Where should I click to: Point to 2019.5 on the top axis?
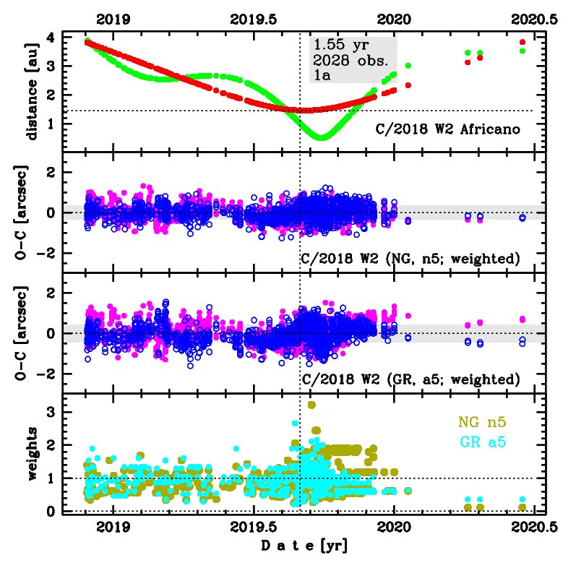256,20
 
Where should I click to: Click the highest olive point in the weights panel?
311,405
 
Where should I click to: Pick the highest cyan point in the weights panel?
295,424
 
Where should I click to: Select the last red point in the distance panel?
523,42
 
